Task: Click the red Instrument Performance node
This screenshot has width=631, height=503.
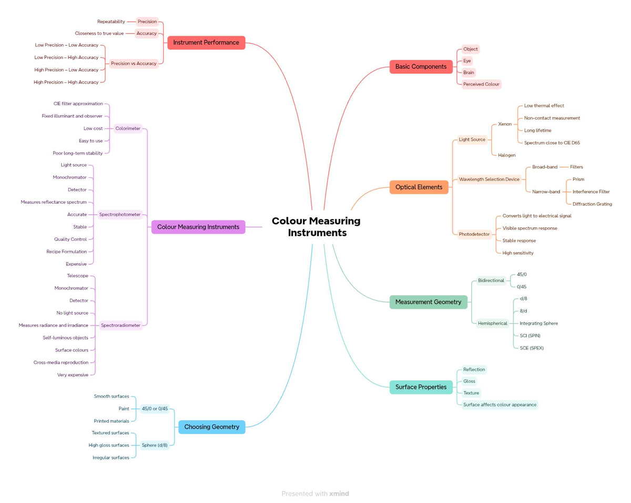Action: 206,43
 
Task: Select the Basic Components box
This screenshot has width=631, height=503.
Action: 421,67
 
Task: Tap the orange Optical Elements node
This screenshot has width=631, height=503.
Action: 419,187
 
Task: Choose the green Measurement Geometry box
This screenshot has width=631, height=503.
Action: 428,302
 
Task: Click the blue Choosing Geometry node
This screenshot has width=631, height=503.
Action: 212,427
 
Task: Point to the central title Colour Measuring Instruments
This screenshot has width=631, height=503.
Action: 316,227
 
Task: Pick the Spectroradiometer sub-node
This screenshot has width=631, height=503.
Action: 120,325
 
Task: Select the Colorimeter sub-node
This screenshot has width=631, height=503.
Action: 128,128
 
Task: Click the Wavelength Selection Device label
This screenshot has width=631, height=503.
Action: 489,179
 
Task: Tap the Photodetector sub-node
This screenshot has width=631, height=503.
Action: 474,234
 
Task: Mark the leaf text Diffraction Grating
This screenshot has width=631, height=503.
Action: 592,204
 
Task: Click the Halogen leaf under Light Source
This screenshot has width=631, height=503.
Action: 507,155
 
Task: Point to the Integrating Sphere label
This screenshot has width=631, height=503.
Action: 538,324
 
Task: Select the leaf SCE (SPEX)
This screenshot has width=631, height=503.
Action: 532,348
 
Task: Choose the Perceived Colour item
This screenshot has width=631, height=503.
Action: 481,84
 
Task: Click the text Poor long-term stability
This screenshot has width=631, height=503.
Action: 78,153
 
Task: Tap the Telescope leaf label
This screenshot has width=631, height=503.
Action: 77,276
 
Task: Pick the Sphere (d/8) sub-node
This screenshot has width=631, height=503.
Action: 155,445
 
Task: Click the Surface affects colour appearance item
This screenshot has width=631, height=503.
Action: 500,405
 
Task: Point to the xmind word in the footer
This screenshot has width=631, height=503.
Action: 339,494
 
